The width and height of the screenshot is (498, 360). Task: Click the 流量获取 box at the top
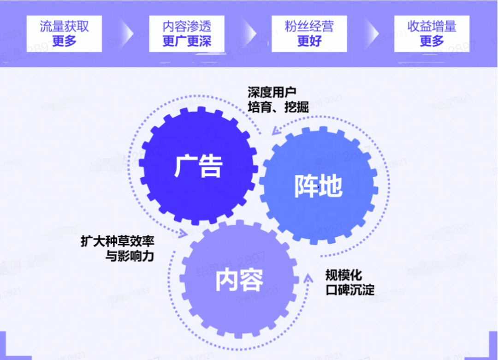click(x=64, y=33)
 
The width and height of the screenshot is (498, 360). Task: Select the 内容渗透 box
click(x=187, y=33)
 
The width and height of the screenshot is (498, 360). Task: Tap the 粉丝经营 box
click(x=309, y=33)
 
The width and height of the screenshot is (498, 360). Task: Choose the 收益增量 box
click(x=432, y=33)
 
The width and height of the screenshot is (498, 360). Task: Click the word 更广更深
click(x=187, y=41)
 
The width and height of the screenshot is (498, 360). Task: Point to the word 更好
click(x=309, y=41)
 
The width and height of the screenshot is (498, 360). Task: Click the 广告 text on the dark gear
click(x=198, y=166)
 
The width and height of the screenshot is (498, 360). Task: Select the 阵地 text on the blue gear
click(x=318, y=186)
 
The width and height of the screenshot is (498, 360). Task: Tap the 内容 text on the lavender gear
click(x=239, y=280)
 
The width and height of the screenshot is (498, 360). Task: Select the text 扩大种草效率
click(x=118, y=241)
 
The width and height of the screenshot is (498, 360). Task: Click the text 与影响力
click(x=130, y=256)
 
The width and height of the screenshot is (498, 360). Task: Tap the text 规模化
click(x=344, y=276)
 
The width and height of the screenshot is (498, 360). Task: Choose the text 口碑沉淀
click(x=350, y=290)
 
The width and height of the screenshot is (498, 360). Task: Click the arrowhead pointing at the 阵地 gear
click(x=276, y=131)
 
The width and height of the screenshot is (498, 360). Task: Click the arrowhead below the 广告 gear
click(x=182, y=233)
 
